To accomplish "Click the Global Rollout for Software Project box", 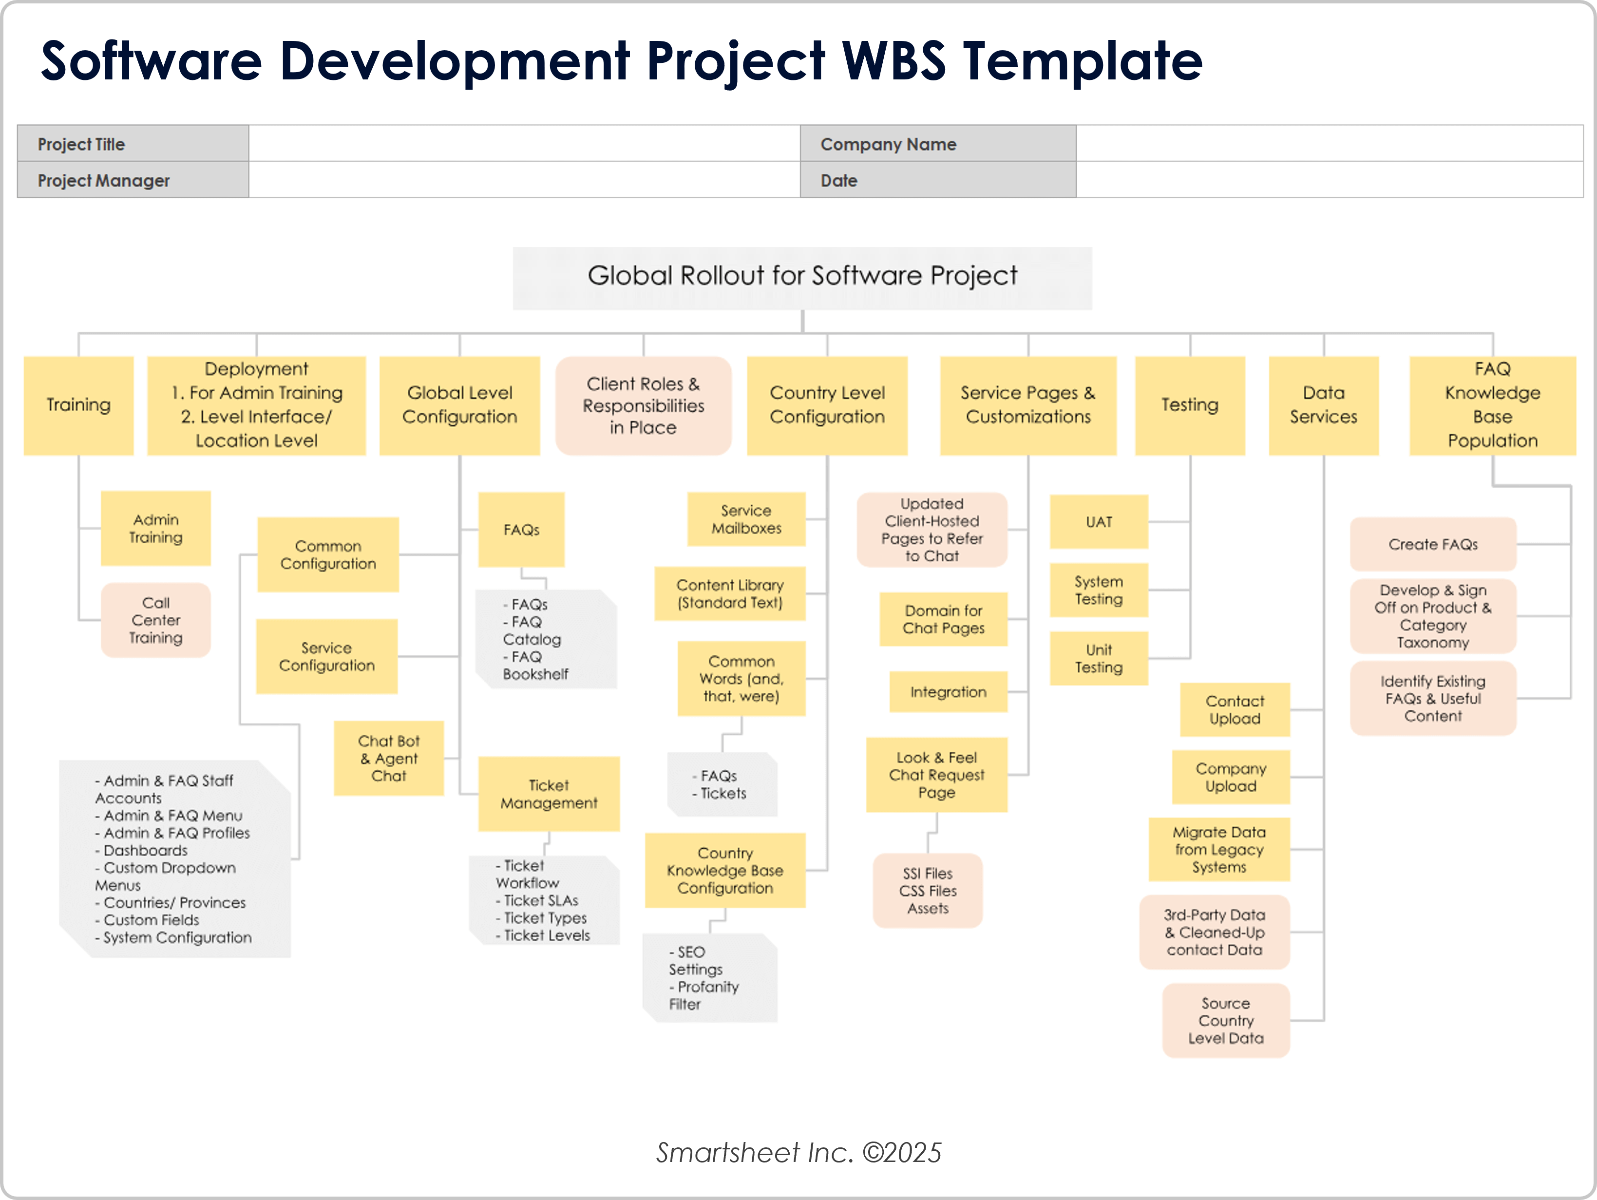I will click(x=801, y=278).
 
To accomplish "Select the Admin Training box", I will click(x=155, y=529).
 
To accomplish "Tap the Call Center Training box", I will click(x=155, y=620).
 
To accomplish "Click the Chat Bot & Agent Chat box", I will click(x=388, y=758).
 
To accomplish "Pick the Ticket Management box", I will click(x=549, y=794).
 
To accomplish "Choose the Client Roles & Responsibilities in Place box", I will click(x=643, y=406).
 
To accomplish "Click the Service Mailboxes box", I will click(x=746, y=519).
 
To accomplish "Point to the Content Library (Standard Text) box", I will click(x=729, y=593).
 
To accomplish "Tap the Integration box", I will click(x=948, y=692).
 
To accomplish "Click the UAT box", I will click(x=1098, y=521).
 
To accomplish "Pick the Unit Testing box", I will click(x=1098, y=659).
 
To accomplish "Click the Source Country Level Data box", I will click(x=1225, y=1020).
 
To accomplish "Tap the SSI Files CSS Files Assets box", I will click(x=927, y=890).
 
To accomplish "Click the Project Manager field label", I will click(x=103, y=180).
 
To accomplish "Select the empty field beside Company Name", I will click(x=1329, y=144).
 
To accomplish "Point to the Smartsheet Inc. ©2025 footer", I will click(x=798, y=1152).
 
